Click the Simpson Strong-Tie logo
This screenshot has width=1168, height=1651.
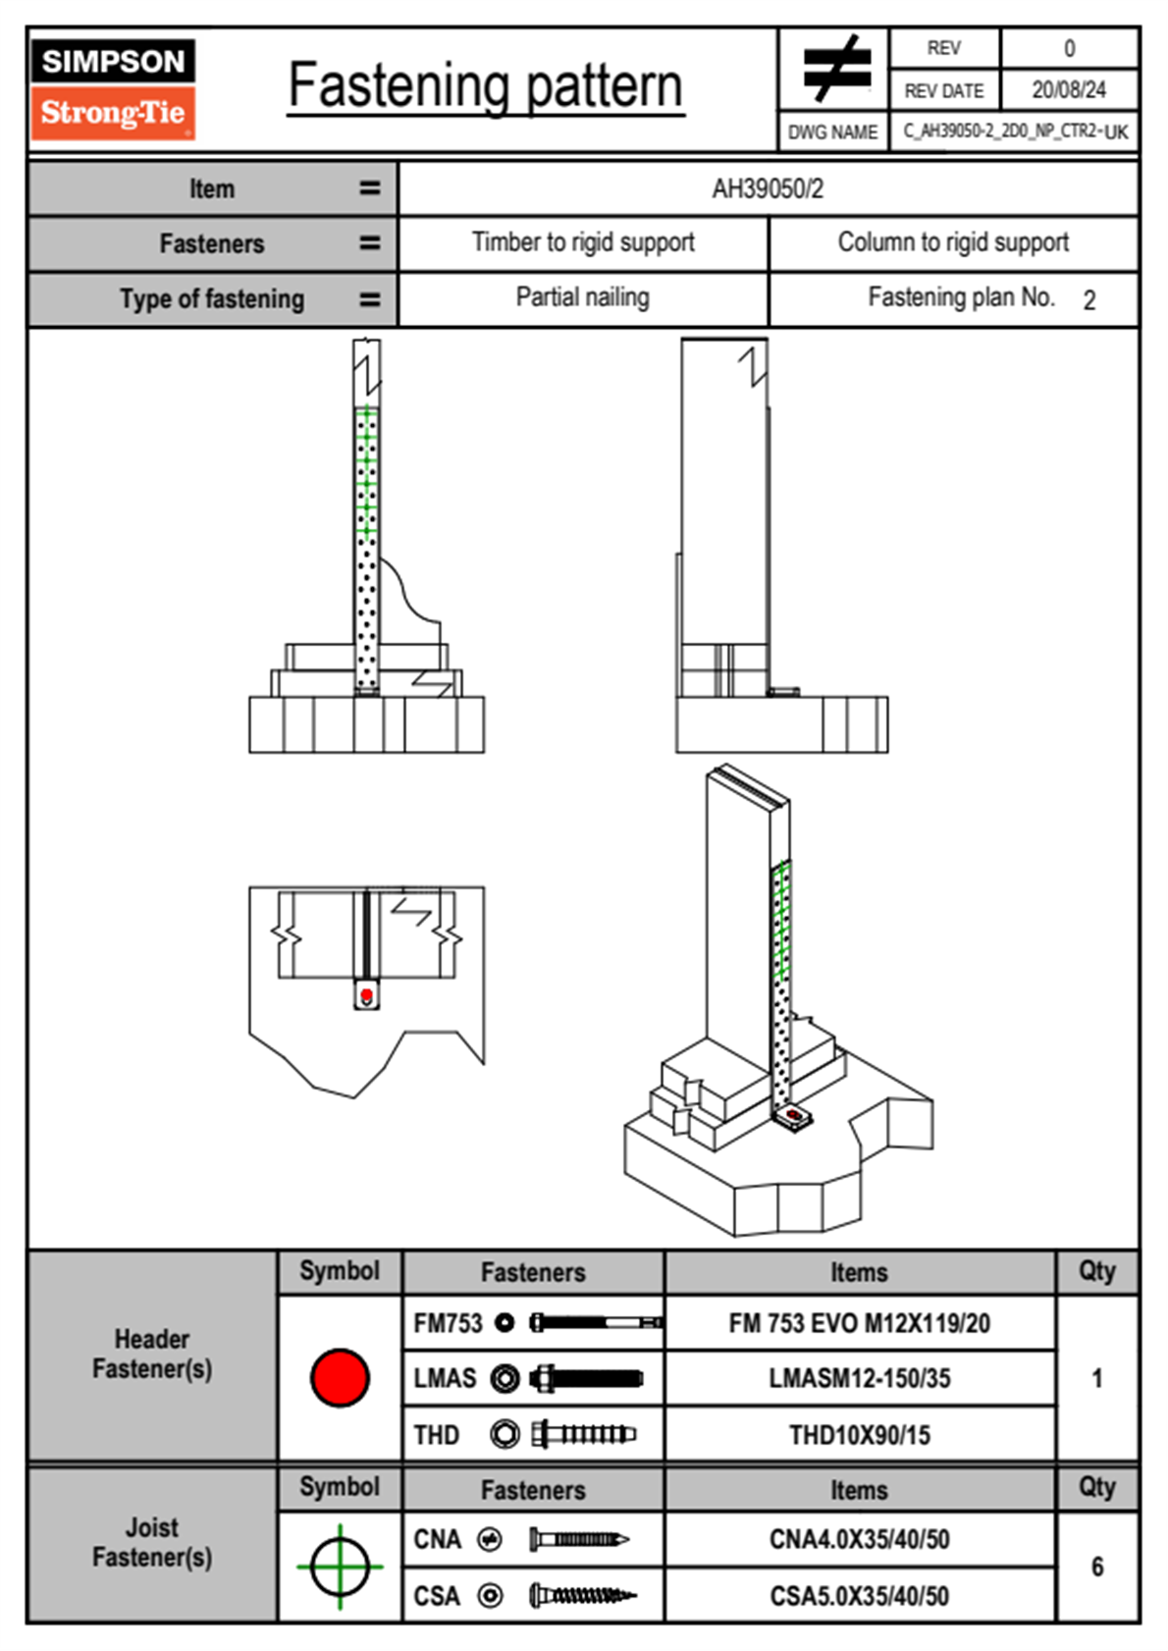[x=113, y=89]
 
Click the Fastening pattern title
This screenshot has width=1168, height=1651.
[x=486, y=86]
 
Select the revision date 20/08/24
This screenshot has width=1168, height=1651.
[x=1068, y=90]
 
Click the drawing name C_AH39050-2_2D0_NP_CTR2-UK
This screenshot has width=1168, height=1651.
[x=1015, y=132]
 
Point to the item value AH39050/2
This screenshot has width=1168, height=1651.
[x=768, y=188]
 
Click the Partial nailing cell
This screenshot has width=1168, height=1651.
[x=583, y=297]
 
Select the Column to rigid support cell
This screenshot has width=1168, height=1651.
[x=953, y=242]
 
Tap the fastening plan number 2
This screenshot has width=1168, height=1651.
[x=1089, y=300]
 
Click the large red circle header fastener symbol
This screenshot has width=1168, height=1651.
[x=340, y=1377]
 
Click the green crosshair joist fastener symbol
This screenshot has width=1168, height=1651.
[x=340, y=1567]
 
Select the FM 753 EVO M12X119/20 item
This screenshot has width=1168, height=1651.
[x=859, y=1323]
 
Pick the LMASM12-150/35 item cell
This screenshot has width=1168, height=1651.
[x=859, y=1378]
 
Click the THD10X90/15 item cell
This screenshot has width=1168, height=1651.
[x=859, y=1435]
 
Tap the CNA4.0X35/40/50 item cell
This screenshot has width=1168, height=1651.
[x=859, y=1539]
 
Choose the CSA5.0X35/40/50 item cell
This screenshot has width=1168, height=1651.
[x=859, y=1596]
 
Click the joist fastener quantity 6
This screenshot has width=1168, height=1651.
[x=1097, y=1567]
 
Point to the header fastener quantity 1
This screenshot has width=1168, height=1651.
[x=1097, y=1378]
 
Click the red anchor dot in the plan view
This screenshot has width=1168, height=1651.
[x=367, y=996]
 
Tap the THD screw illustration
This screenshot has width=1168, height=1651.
[x=583, y=1435]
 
